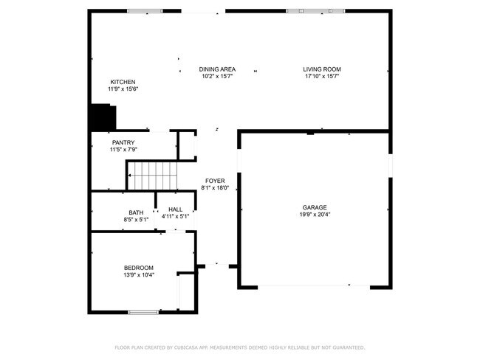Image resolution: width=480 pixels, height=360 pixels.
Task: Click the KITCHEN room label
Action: pyautogui.click(x=123, y=82)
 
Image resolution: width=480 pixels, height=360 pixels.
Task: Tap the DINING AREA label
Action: pyautogui.click(x=217, y=69)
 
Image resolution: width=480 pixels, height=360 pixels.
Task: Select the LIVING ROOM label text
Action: pyautogui.click(x=322, y=69)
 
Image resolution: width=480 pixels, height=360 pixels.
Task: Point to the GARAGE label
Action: pyautogui.click(x=314, y=207)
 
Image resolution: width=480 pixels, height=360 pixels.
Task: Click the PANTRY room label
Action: pyautogui.click(x=123, y=142)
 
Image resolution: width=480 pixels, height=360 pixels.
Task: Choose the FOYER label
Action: pyautogui.click(x=215, y=181)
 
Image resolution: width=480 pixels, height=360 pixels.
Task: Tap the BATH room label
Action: pyautogui.click(x=136, y=212)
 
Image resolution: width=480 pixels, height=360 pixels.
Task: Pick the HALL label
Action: pyautogui.click(x=175, y=210)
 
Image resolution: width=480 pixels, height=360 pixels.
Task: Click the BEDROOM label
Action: pyautogui.click(x=138, y=268)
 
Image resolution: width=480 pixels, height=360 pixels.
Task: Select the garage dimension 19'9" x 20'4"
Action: pyautogui.click(x=314, y=215)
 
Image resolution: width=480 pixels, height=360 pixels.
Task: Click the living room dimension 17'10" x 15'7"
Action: pyautogui.click(x=322, y=76)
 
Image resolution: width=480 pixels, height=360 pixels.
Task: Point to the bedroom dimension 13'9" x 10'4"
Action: pyautogui.click(x=138, y=275)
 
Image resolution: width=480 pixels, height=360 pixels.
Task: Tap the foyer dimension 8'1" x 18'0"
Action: pyautogui.click(x=215, y=188)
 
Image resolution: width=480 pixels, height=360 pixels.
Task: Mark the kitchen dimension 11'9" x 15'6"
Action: pyautogui.click(x=123, y=89)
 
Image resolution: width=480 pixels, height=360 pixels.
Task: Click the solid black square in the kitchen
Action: pyautogui.click(x=103, y=117)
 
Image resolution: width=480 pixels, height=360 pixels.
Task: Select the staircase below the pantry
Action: pyautogui.click(x=152, y=176)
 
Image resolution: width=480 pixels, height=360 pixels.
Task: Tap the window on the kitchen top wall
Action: pyautogui.click(x=145, y=11)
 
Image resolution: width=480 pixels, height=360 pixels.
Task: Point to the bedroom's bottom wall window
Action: pyautogui.click(x=143, y=312)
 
